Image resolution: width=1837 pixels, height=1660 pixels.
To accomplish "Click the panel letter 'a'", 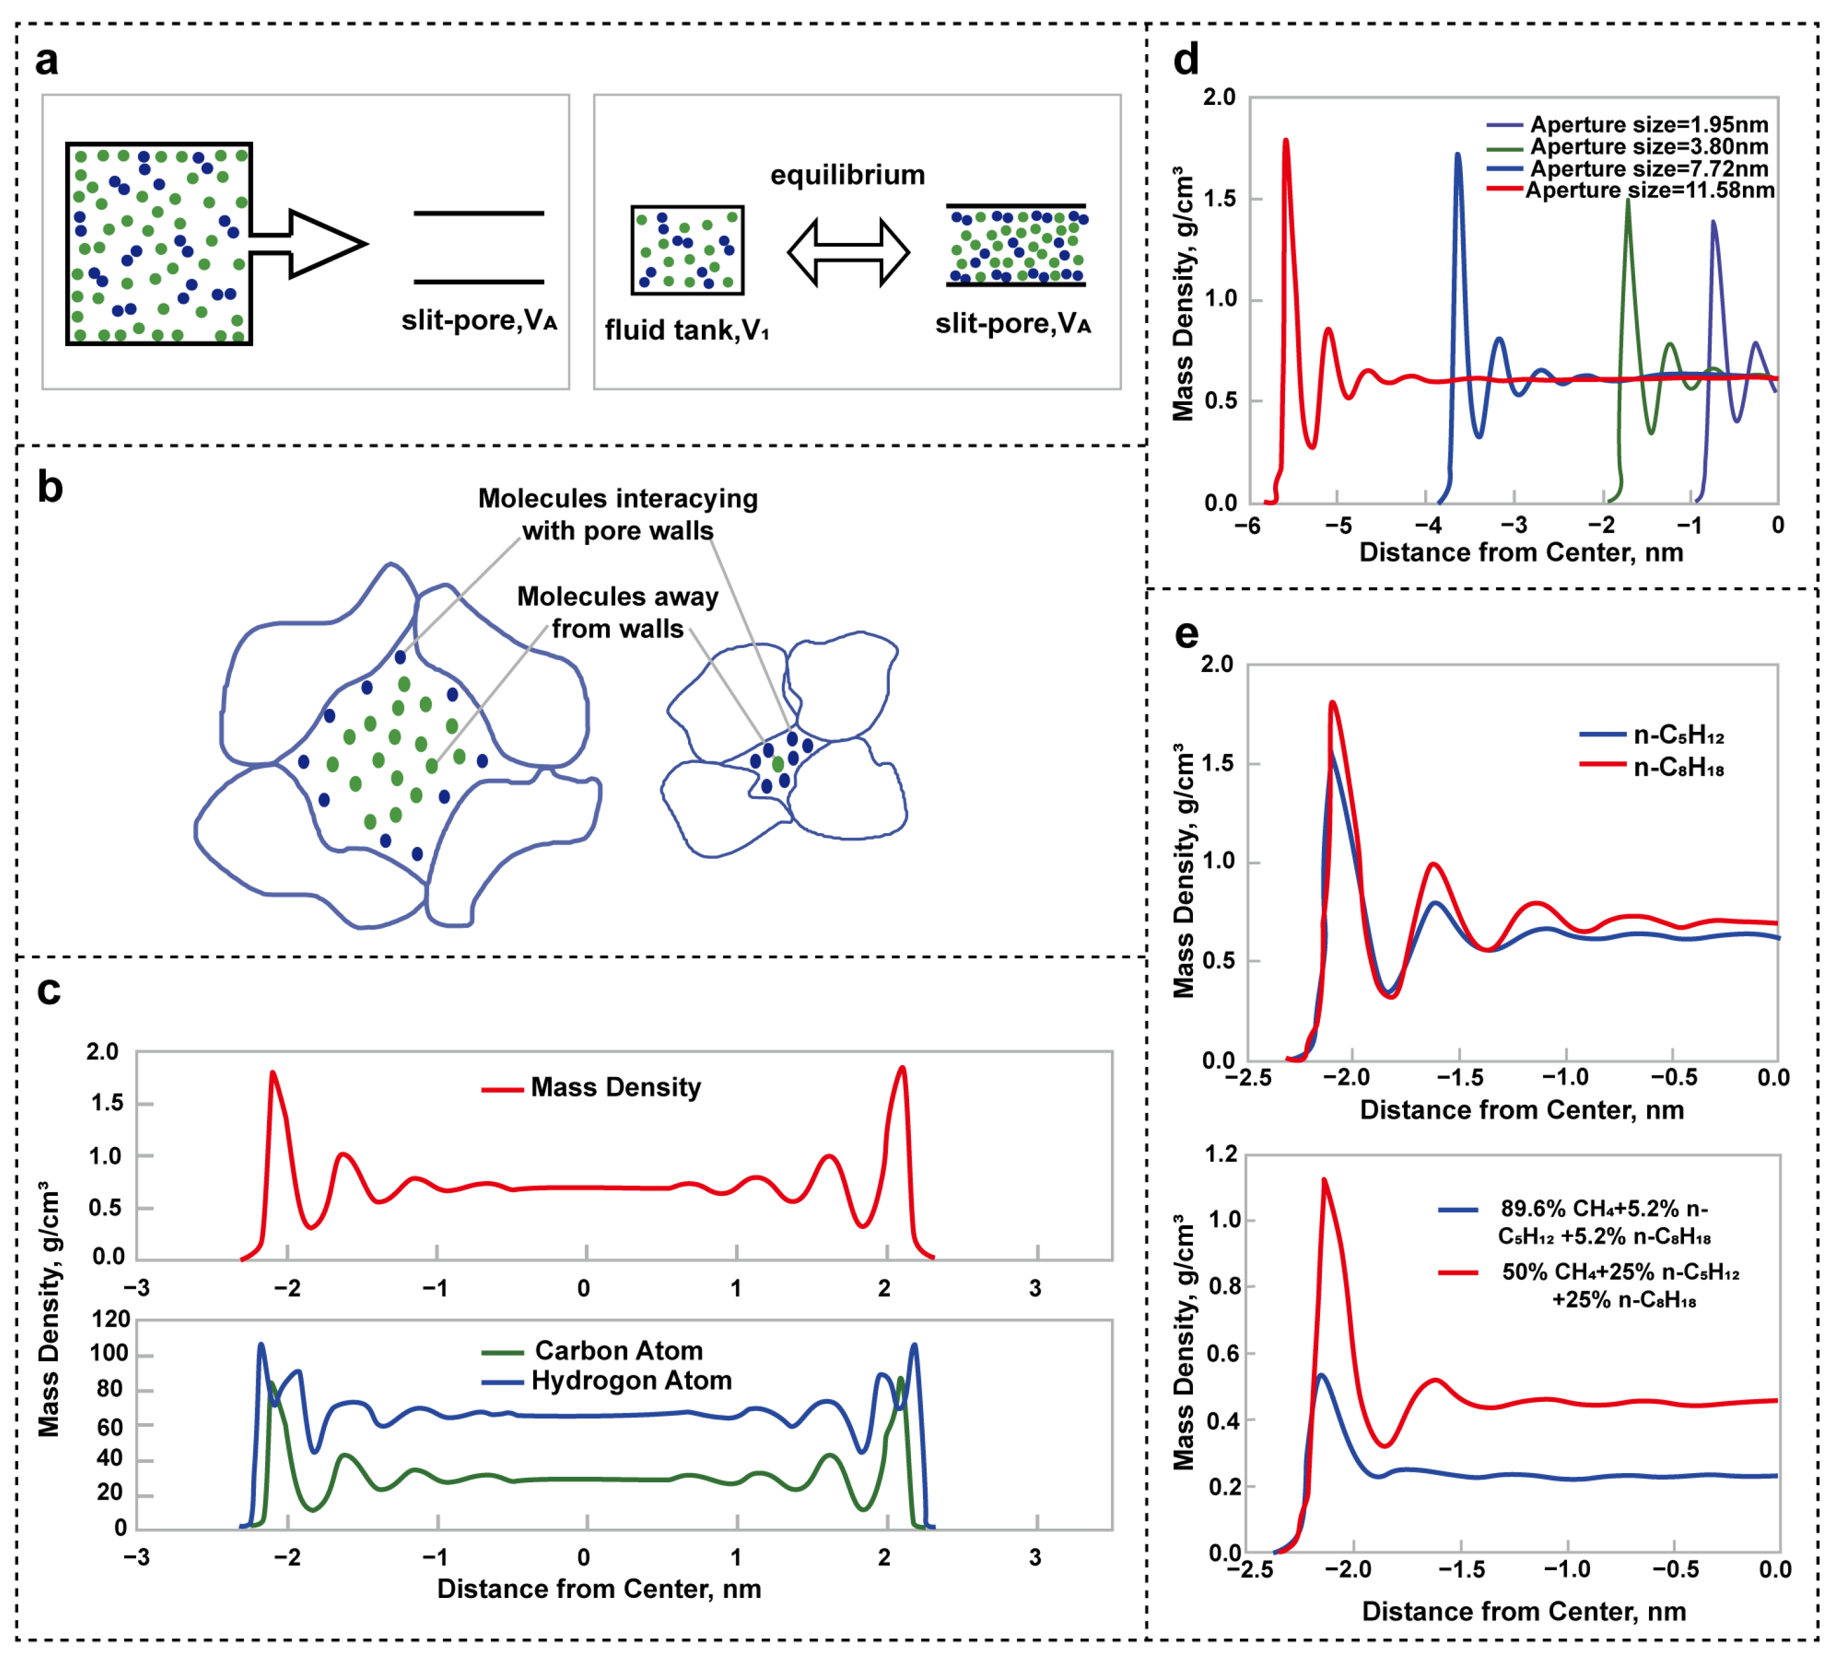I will point(46,60).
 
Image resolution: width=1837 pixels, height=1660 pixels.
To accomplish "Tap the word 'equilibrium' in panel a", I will point(848,174).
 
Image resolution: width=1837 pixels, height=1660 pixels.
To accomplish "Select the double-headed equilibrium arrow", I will point(848,251).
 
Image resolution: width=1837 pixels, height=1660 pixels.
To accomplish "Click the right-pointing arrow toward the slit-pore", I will point(310,244).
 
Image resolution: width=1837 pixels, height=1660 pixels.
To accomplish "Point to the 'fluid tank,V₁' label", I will point(687,329).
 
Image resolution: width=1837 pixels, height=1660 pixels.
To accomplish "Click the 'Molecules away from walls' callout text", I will point(618,612).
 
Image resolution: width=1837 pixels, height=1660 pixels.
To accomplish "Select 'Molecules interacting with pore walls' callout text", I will point(618,514).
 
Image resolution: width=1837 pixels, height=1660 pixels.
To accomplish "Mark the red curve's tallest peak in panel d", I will point(1286,141).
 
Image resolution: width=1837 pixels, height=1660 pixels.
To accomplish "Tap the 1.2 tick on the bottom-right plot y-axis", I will point(1221,1154).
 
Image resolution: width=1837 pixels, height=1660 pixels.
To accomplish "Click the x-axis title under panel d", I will point(1521,552).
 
